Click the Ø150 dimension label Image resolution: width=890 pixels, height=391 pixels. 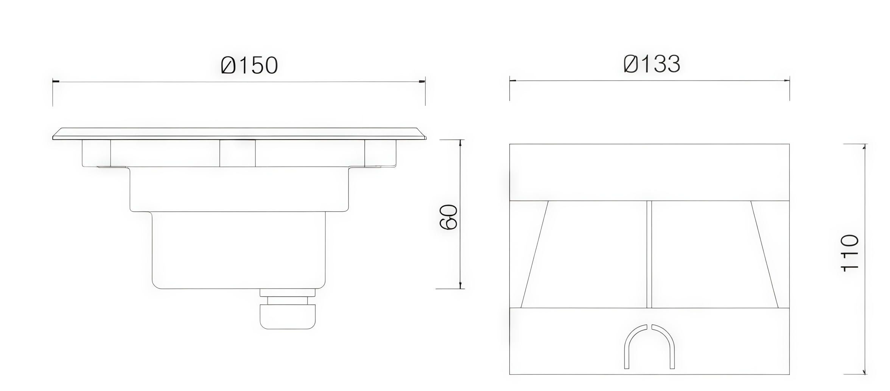pos(250,65)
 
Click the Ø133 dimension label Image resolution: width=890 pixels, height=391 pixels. pos(652,64)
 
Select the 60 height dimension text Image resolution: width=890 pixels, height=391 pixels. pos(449,217)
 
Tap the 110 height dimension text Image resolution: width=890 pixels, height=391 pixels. pos(849,253)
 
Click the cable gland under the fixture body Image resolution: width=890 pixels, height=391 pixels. pos(288,309)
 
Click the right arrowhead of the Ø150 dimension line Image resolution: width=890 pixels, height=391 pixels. pos(422,82)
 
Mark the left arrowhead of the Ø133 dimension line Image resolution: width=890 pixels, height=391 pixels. pos(513,80)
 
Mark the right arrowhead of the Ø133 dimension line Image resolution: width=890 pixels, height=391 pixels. pos(786,80)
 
